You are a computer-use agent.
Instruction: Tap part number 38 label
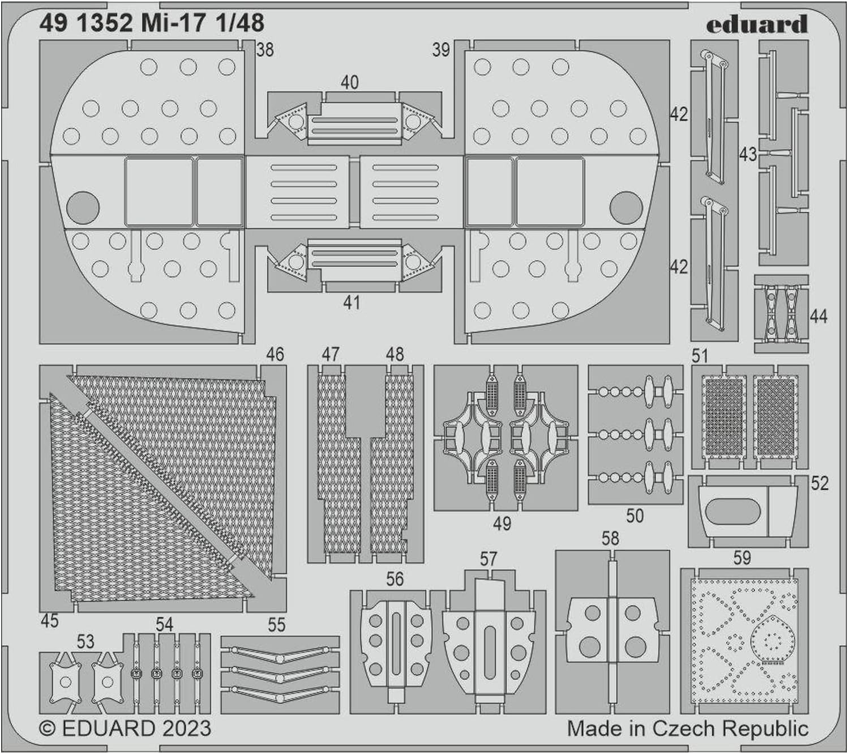point(264,50)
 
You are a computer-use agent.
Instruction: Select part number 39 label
point(441,50)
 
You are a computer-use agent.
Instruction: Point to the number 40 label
point(349,83)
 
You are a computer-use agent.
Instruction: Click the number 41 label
point(352,303)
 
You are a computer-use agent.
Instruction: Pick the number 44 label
point(819,316)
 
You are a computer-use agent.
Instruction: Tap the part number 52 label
point(820,483)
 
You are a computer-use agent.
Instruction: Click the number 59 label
point(742,558)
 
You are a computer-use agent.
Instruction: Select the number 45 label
point(49,621)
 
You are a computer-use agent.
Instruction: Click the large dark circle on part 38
point(83,207)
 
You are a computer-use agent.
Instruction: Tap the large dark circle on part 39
point(626,207)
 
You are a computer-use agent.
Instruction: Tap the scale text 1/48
point(239,23)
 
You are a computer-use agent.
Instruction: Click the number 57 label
point(488,560)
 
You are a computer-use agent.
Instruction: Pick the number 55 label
point(276,625)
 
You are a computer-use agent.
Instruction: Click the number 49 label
point(502,523)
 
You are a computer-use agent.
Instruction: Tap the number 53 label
point(85,642)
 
